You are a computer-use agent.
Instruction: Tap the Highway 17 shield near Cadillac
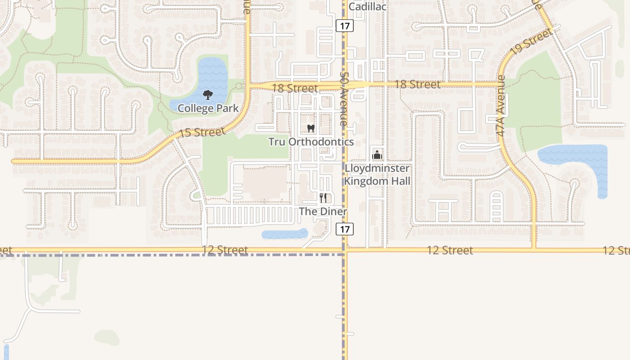pos(345,26)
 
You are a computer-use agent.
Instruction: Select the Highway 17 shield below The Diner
pos(345,229)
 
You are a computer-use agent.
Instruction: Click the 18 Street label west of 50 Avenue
pos(295,88)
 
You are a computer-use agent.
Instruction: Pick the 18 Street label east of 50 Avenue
pos(417,84)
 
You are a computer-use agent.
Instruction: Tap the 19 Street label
pos(531,42)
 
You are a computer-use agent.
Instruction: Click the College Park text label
pos(208,108)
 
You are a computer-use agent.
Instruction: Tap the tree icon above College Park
pos(207,95)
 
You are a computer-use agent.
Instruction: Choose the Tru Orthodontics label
pos(311,142)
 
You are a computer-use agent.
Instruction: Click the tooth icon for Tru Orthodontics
pos(310,128)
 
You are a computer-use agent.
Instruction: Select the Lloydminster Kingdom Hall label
pos(378,175)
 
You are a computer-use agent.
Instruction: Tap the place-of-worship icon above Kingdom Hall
pos(377,155)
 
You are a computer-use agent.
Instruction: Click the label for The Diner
pos(323,211)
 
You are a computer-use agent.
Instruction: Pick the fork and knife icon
pos(323,198)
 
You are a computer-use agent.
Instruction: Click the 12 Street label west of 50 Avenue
pos(225,250)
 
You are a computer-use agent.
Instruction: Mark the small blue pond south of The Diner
pos(284,234)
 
